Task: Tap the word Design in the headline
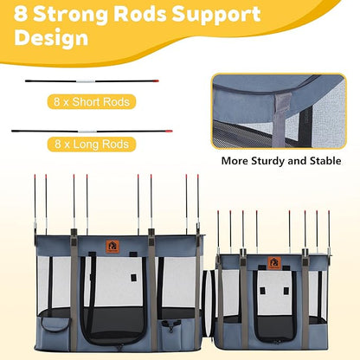coord(51,37)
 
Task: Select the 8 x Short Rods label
coord(92,102)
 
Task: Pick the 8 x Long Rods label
coord(92,144)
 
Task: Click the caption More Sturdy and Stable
coord(281,161)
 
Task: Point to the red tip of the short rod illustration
coord(156,80)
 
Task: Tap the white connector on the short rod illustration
coord(86,81)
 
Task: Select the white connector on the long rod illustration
coord(87,132)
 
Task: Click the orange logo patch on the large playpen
coord(112,247)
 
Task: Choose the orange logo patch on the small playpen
coord(274,263)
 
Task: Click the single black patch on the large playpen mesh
coord(133,277)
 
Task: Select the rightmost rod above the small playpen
coord(329,232)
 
